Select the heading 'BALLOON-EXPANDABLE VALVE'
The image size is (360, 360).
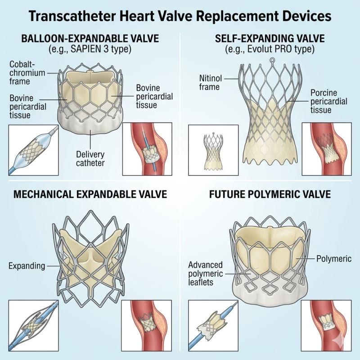click(90, 39)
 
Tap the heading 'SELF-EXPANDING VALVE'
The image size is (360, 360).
click(270, 39)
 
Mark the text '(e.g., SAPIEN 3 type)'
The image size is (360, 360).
click(90, 49)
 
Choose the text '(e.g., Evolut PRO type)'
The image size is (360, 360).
click(270, 49)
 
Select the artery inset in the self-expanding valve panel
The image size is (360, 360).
click(326, 148)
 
